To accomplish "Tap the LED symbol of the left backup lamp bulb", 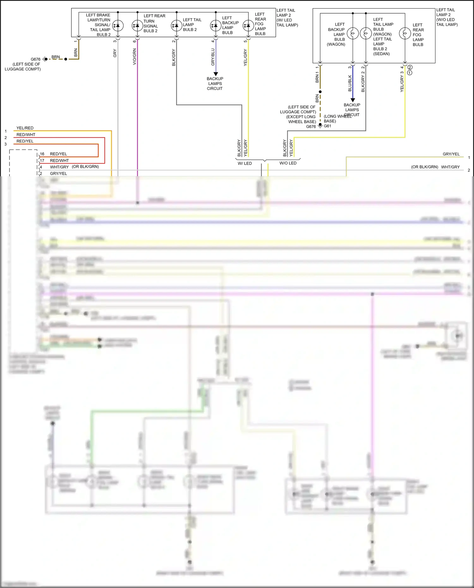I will point(216,26).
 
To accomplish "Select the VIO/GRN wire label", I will point(135,57).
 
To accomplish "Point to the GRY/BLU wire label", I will point(213,57).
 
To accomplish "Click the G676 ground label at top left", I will point(35,59).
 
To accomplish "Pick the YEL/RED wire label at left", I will point(25,128).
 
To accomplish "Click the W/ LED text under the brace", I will point(245,163).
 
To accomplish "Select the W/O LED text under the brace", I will point(288,163).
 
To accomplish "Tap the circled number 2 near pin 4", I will point(410,67).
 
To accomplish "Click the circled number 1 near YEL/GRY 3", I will point(410,73).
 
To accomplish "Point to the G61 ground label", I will point(328,126).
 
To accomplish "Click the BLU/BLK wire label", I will point(350,83).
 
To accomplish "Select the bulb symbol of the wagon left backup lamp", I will point(353,33).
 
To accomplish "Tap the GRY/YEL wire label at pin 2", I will point(58,173).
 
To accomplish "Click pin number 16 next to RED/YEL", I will point(42,154).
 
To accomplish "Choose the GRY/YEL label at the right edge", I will point(451,154).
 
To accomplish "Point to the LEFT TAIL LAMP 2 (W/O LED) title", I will point(447,17).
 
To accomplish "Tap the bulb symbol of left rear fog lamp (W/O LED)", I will point(405,33).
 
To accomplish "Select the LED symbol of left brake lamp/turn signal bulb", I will point(118,26).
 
